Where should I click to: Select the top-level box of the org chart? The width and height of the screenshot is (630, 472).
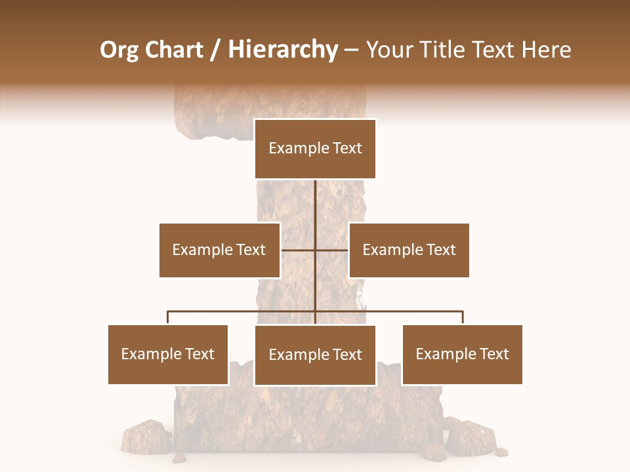[x=315, y=148]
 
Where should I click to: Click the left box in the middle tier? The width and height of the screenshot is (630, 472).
[x=219, y=250]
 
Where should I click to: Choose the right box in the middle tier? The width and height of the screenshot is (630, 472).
[x=409, y=250]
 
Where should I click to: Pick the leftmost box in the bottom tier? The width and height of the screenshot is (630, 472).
[x=168, y=354]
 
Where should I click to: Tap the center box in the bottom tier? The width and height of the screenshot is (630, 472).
[x=315, y=355]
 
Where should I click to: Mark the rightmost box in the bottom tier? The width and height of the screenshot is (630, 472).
[x=462, y=354]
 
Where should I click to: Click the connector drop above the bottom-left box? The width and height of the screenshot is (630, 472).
[x=168, y=317]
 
